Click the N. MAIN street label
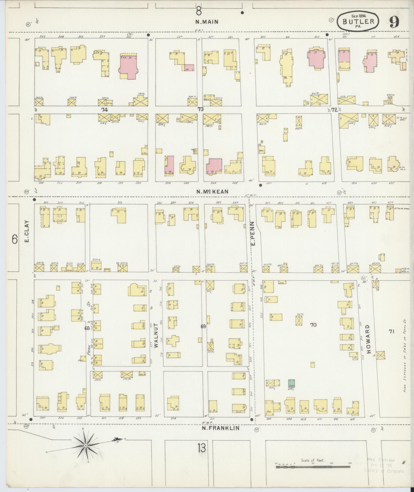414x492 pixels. pos(207,22)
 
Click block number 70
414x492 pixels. pos(313,325)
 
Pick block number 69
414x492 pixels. pos(203,327)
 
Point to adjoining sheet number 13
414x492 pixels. pos(202,448)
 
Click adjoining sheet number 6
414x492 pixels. pos(15,240)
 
